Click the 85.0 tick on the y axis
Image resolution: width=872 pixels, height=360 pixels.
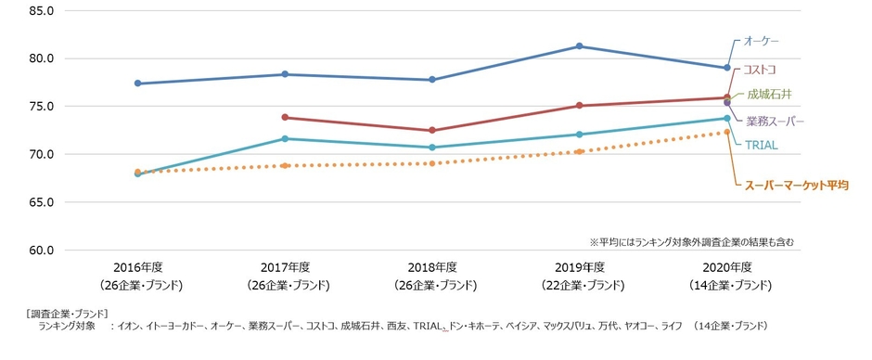(x=43, y=10)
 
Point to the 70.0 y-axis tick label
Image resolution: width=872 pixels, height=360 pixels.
(x=43, y=154)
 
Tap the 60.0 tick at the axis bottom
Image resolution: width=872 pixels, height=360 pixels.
(x=43, y=250)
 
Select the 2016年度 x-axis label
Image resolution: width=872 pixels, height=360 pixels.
(x=138, y=267)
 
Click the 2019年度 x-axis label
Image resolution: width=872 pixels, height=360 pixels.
(x=580, y=267)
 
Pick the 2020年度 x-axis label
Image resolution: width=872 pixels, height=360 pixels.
(x=727, y=267)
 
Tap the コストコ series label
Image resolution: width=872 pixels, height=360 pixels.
(x=760, y=70)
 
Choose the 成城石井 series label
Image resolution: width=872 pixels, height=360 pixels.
(x=766, y=94)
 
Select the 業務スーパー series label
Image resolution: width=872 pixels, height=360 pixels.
(x=775, y=121)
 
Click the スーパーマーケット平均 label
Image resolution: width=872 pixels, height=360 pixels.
(x=798, y=185)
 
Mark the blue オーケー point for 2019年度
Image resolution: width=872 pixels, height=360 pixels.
(x=580, y=46)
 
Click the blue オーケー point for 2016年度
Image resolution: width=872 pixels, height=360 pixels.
(x=138, y=84)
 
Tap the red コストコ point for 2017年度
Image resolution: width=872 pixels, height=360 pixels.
(x=285, y=118)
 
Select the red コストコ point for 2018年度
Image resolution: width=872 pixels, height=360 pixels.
(x=432, y=130)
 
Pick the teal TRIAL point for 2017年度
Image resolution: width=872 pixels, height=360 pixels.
(x=285, y=139)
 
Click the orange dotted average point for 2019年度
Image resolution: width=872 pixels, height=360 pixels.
(x=580, y=151)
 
